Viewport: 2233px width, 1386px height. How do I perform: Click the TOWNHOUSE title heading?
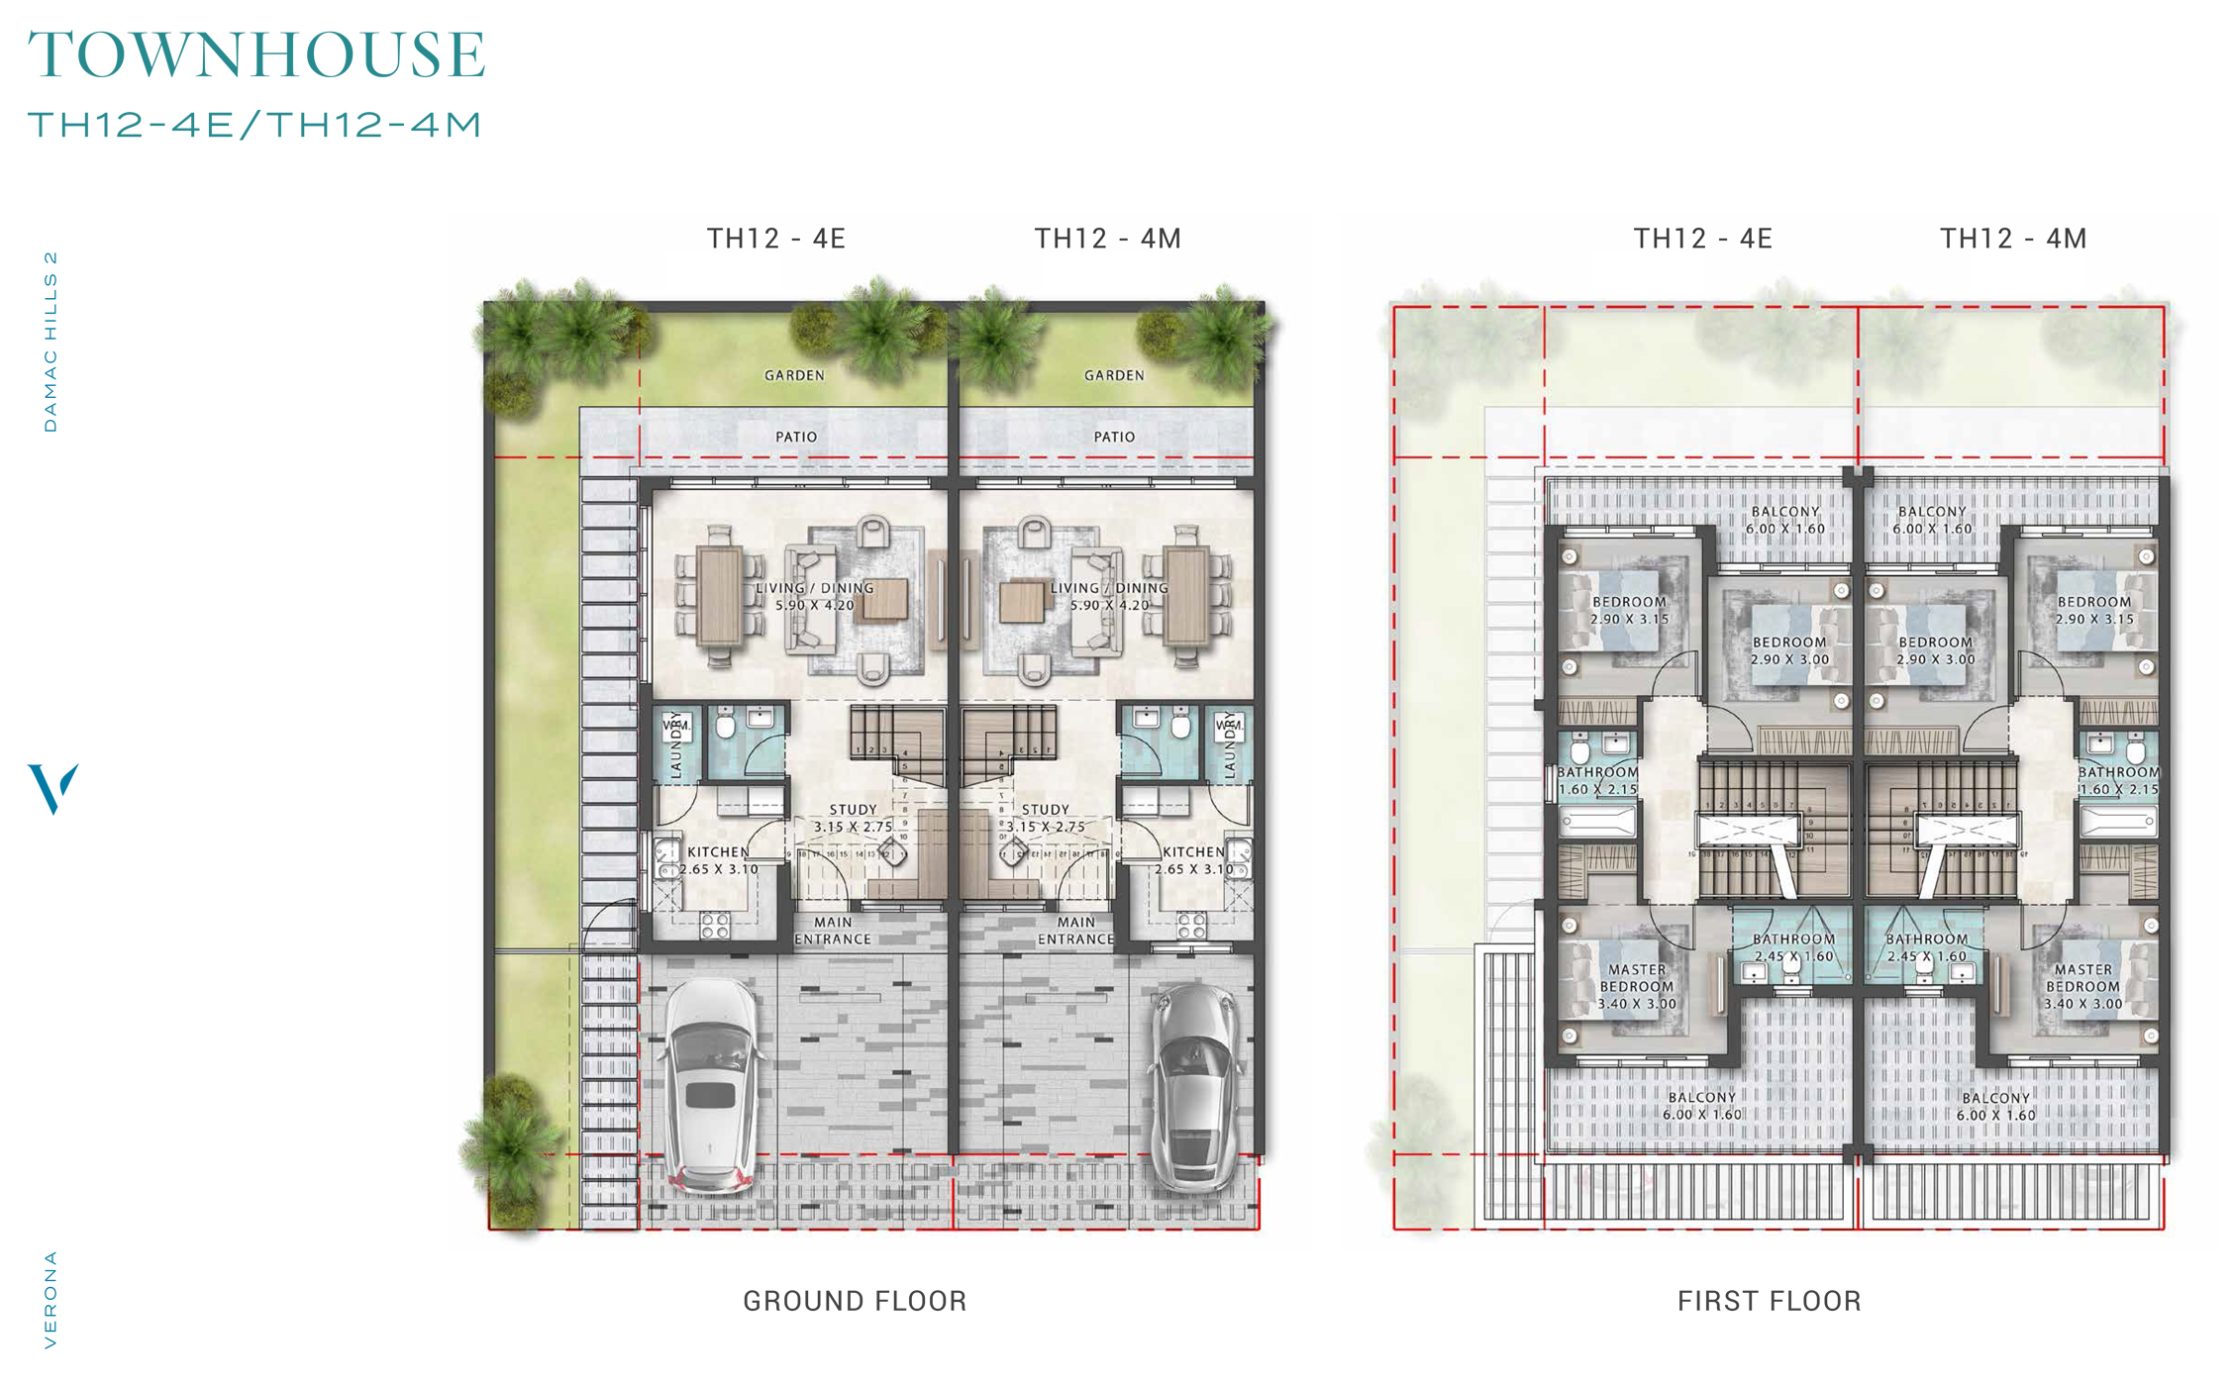point(256,54)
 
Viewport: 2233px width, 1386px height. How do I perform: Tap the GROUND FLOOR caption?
point(855,1301)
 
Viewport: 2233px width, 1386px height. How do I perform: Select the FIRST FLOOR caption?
point(1769,1301)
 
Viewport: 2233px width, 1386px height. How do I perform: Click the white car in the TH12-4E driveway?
point(711,1085)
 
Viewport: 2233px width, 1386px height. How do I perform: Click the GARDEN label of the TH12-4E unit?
point(794,375)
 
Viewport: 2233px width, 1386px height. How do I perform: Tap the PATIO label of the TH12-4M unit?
point(1114,437)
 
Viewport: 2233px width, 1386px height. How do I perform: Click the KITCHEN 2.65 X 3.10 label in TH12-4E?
point(719,860)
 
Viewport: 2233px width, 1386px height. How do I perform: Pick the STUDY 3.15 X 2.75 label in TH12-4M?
point(1046,818)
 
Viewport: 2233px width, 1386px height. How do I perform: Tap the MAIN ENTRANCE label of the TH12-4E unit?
point(833,931)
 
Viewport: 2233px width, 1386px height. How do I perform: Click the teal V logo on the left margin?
point(52,788)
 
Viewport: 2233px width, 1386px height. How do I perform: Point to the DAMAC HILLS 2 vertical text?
point(51,342)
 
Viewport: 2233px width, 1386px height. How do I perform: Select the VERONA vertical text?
point(51,1299)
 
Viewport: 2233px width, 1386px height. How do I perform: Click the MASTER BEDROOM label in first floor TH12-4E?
point(1637,986)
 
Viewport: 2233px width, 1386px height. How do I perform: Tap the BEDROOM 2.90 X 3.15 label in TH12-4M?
point(2094,610)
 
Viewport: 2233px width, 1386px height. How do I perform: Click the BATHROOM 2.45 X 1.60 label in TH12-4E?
point(1793,947)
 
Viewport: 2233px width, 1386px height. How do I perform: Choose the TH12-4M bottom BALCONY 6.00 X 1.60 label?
point(1995,1106)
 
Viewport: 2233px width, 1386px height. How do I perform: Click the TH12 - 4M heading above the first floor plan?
point(2013,239)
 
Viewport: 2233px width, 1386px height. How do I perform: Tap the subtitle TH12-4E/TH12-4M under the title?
point(254,125)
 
